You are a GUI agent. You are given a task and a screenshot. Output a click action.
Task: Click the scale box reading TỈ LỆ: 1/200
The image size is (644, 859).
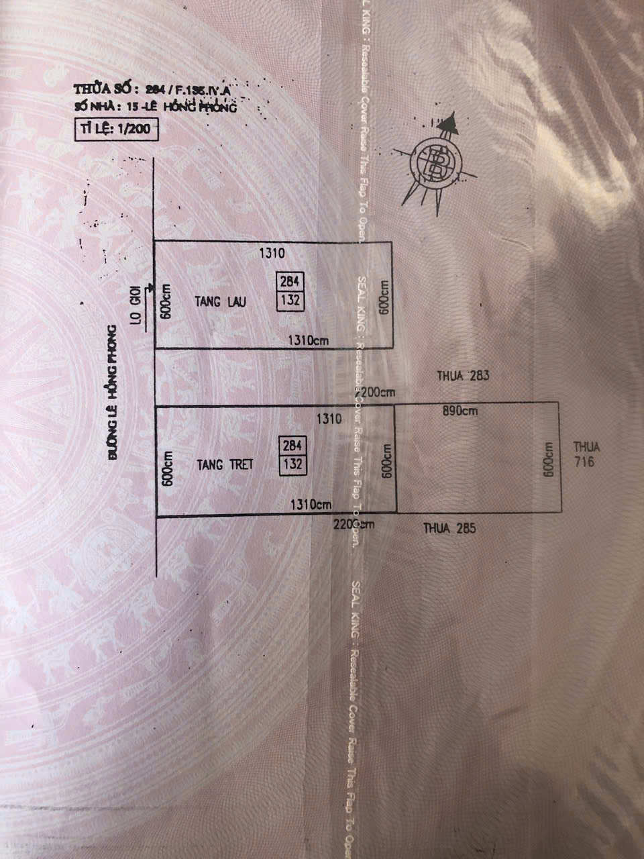[115, 130]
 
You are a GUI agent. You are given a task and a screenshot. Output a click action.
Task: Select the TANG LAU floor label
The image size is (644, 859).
[221, 302]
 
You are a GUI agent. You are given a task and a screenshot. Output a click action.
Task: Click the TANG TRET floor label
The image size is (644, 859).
[225, 464]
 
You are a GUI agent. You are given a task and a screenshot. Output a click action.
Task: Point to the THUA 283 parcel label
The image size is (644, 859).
[463, 376]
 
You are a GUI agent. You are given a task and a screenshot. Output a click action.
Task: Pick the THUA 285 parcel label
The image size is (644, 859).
[449, 528]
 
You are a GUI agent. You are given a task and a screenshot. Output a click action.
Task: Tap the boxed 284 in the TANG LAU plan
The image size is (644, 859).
[292, 281]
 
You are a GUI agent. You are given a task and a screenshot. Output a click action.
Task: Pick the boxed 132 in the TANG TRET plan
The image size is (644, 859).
[293, 464]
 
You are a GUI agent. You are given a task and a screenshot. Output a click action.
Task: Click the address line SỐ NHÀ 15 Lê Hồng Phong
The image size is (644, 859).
[156, 107]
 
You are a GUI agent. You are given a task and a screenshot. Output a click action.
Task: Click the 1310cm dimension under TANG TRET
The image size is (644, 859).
[310, 504]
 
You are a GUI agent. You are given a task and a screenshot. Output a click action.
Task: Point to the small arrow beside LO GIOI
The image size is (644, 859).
[150, 287]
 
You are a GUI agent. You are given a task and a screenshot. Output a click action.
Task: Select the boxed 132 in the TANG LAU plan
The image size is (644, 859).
[291, 300]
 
